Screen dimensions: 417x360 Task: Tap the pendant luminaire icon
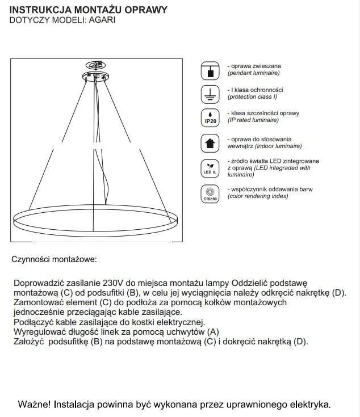[211, 70]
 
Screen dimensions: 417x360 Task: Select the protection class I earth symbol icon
[211, 94]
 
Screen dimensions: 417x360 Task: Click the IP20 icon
[211, 117]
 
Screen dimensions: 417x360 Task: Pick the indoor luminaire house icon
[211, 142]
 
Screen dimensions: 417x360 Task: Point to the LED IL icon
[211, 166]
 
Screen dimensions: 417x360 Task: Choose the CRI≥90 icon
[211, 192]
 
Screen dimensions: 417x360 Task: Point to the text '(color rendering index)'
[257, 196]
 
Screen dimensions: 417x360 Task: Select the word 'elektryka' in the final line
[309, 405]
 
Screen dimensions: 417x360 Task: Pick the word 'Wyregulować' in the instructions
[37, 331]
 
